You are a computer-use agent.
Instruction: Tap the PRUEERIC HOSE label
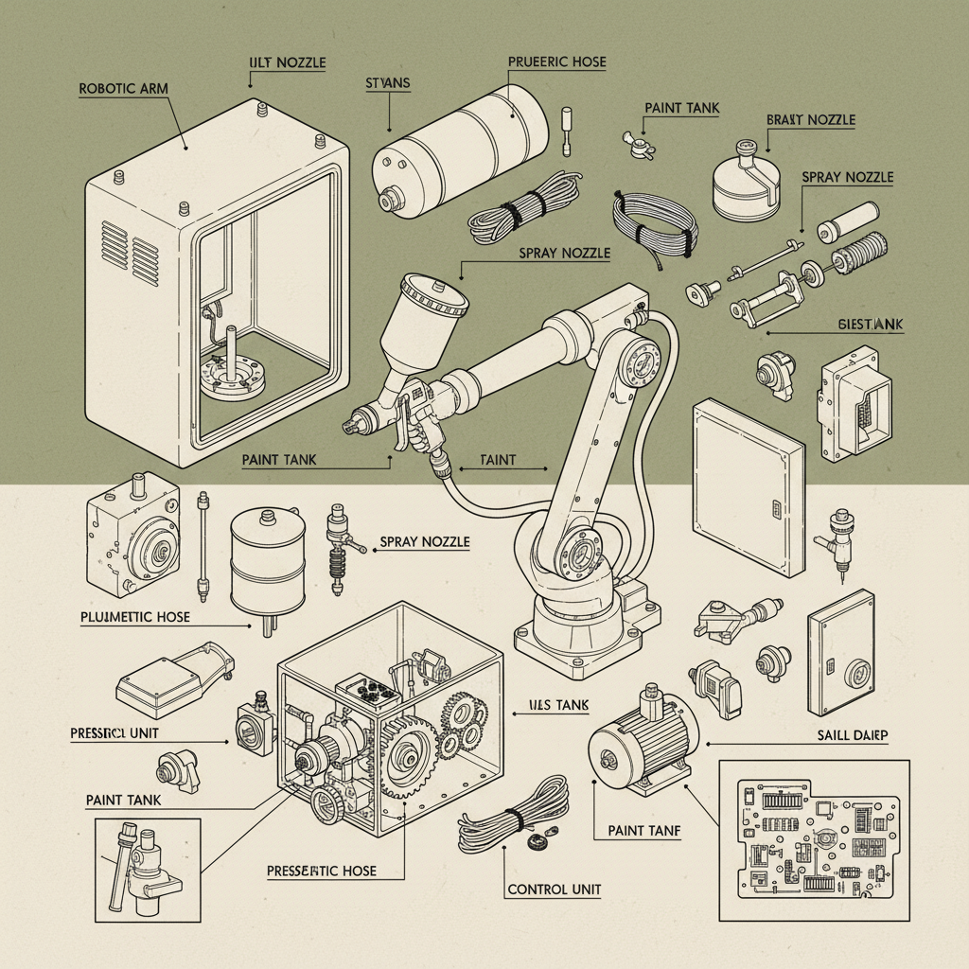click(x=556, y=62)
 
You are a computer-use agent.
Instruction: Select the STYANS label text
click(x=387, y=83)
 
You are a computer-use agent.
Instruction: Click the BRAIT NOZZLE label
click(x=810, y=120)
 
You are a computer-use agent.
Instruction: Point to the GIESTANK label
click(x=871, y=325)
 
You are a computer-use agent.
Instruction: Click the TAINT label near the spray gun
click(x=498, y=460)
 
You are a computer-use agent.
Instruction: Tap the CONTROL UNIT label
click(x=555, y=890)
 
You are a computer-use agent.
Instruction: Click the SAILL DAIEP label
click(x=857, y=735)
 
